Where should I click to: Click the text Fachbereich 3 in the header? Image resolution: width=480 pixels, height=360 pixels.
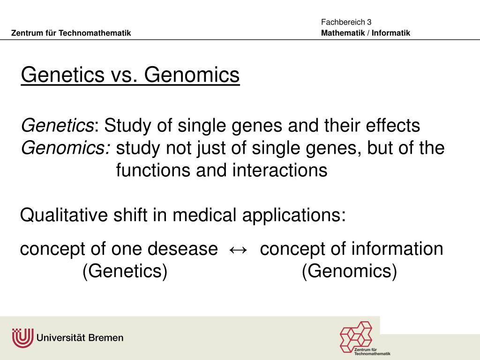[x=346, y=22]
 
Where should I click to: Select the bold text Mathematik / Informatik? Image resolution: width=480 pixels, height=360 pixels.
[x=366, y=33]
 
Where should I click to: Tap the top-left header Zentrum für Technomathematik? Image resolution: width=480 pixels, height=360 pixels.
[x=71, y=33]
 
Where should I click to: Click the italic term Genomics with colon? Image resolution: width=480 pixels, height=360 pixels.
[x=66, y=148]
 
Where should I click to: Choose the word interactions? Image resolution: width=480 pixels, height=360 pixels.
[x=279, y=170]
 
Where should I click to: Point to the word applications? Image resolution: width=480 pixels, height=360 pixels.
[x=294, y=216]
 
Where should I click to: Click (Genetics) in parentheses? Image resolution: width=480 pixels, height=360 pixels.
[x=125, y=271]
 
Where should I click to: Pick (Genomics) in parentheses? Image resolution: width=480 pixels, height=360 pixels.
[x=349, y=271]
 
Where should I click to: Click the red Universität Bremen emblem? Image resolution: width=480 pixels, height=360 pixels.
[x=22, y=337]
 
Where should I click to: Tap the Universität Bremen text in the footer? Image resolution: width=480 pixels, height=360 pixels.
[x=80, y=337]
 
